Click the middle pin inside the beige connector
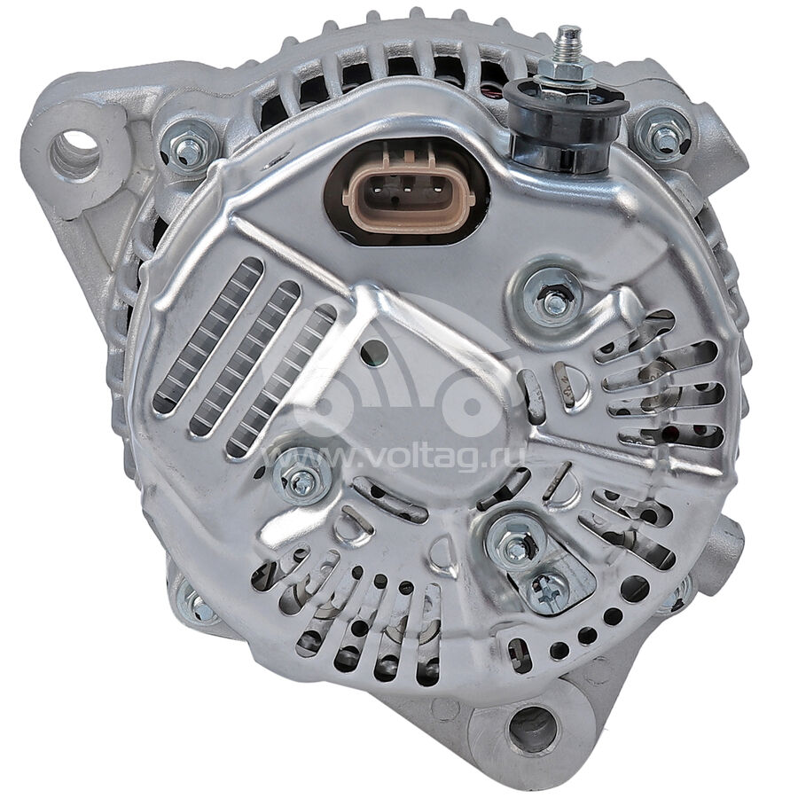408,191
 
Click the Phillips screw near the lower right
549,591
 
